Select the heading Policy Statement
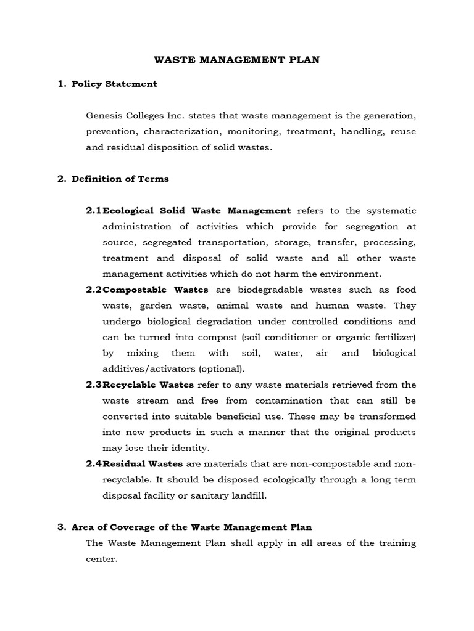pyautogui.click(x=114, y=84)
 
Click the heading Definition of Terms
pyautogui.click(x=120, y=179)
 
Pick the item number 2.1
pyautogui.click(x=94, y=211)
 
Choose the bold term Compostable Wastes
pyautogui.click(x=156, y=290)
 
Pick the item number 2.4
pyautogui.click(x=94, y=463)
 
